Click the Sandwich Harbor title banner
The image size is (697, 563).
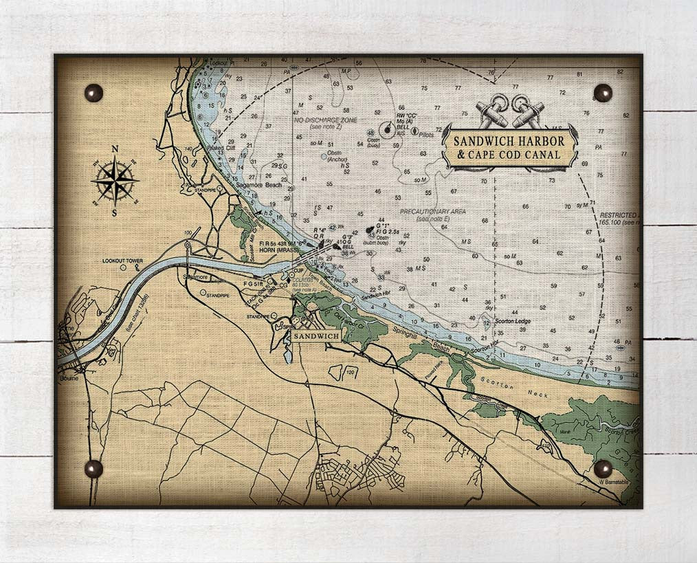pos(509,147)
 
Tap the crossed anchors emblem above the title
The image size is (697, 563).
pos(509,112)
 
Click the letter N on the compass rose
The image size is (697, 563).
pos(115,149)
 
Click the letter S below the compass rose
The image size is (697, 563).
pos(115,212)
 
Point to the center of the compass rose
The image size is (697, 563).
pos(115,181)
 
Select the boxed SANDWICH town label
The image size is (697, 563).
pos(316,336)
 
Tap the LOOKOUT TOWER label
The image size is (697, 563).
pos(122,261)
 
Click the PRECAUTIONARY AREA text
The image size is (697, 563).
pos(432,211)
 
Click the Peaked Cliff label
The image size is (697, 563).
pos(219,147)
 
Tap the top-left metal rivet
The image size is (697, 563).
pos(93,92)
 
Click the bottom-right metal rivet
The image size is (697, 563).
pos(603,468)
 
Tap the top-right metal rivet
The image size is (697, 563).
pos(603,92)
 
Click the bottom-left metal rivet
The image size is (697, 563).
pos(93,469)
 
